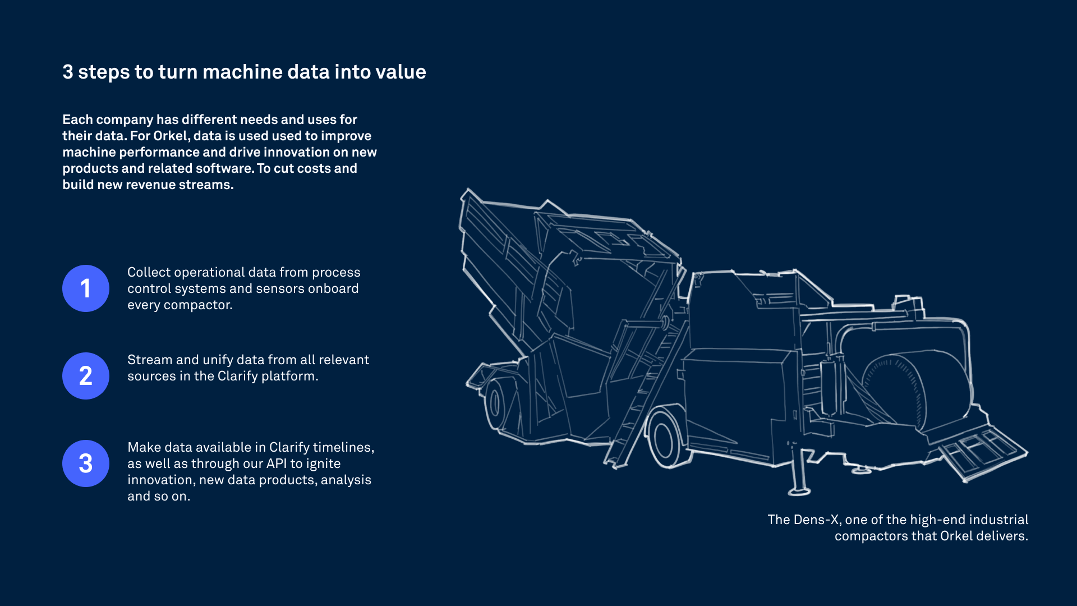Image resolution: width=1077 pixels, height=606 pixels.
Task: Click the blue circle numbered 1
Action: coord(86,288)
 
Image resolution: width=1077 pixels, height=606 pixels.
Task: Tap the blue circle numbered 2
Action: coord(86,376)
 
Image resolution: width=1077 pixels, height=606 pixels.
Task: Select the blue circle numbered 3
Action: coord(86,463)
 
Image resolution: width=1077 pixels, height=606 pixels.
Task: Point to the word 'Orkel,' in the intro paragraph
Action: coord(171,136)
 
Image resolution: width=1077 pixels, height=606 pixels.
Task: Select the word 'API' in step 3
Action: coord(277,463)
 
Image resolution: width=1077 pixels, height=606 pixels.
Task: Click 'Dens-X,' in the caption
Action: coord(818,520)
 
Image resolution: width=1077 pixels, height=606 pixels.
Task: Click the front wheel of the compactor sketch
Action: coord(666,438)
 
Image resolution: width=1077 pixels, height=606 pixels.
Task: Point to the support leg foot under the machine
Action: coord(799,492)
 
